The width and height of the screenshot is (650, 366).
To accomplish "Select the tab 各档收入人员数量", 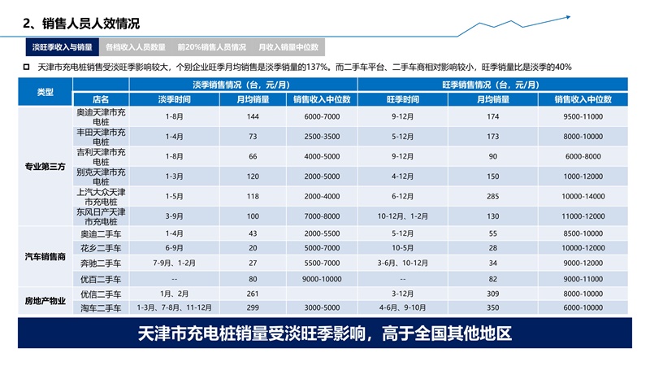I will point(136,48).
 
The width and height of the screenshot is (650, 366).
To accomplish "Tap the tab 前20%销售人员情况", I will point(211,48).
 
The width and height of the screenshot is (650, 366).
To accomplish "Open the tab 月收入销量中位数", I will point(288,48).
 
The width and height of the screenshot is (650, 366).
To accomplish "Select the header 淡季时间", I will point(174,99).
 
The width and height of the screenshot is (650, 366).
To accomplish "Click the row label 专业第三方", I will point(45,167).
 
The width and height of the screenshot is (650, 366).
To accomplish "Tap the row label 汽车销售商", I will point(45,256).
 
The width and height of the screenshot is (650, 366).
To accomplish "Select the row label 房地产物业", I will point(45,300).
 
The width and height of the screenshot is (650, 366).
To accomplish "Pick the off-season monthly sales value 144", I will point(253,116).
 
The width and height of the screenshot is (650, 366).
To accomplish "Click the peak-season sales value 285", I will point(492,195).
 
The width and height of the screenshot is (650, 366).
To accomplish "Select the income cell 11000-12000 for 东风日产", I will point(583,216).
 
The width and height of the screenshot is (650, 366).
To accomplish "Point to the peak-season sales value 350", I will point(492,308).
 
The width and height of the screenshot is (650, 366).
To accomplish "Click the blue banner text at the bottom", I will point(325,334).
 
